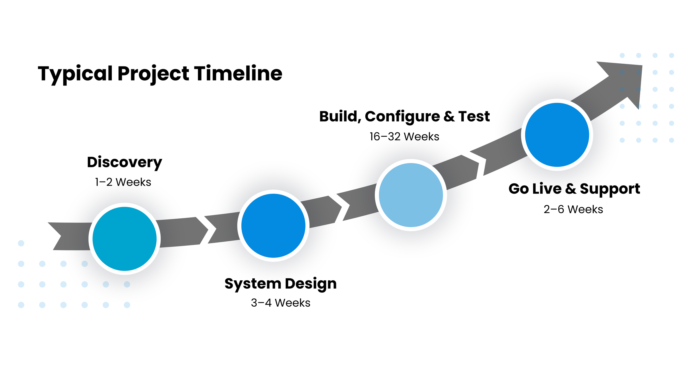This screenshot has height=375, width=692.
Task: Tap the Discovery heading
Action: tap(125, 162)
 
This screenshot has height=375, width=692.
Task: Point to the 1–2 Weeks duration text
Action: tap(123, 182)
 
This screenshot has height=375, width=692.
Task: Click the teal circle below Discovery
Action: tap(125, 239)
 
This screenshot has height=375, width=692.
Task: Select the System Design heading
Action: tap(280, 284)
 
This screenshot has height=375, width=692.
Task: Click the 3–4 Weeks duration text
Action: tap(280, 303)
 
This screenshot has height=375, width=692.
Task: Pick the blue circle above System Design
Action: tap(273, 226)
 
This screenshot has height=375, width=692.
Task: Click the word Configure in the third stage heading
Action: tap(402, 117)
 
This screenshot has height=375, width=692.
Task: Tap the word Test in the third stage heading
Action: tap(474, 116)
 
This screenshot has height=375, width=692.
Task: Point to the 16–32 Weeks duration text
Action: tap(404, 137)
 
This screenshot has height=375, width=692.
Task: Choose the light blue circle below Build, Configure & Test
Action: tap(411, 195)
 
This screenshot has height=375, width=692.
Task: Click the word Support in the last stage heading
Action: tap(610, 189)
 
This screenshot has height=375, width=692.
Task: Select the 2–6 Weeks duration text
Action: tap(573, 210)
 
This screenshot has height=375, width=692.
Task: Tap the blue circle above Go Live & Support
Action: tap(557, 135)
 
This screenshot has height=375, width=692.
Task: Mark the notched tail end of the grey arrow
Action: tap(60, 236)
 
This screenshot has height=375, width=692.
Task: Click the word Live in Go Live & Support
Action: tap(547, 189)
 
